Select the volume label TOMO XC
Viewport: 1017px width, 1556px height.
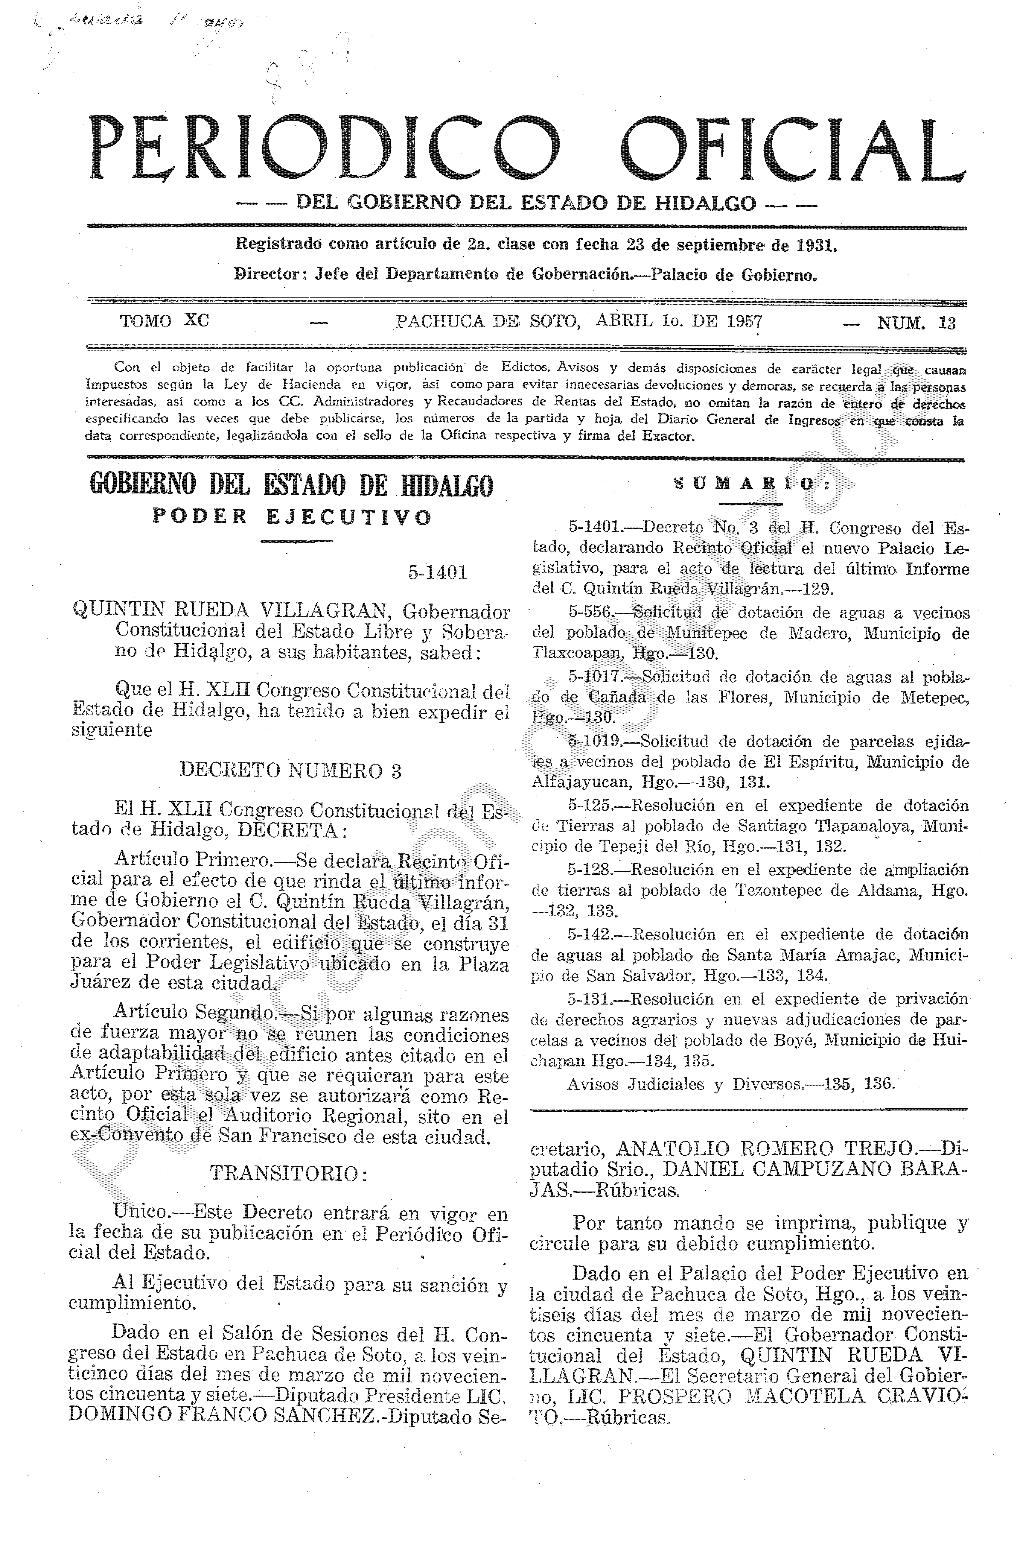click(164, 321)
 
